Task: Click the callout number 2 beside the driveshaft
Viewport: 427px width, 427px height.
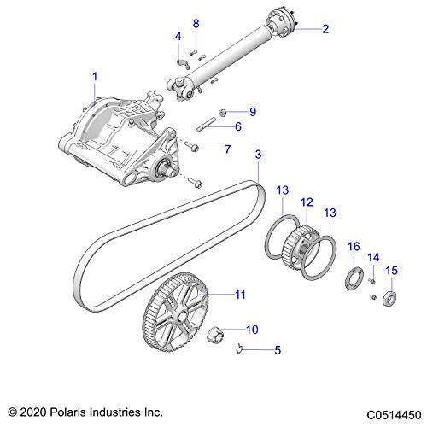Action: [325, 29]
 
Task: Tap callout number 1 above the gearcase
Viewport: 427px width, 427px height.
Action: [95, 76]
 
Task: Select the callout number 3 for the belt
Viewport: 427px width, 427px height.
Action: [258, 155]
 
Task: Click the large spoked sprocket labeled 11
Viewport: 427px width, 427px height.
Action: [175, 313]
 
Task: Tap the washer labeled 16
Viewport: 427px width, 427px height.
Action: [354, 278]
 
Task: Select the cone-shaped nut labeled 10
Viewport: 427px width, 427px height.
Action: [215, 335]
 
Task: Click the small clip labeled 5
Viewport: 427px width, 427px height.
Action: [239, 348]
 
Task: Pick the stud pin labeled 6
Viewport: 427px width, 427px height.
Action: [206, 125]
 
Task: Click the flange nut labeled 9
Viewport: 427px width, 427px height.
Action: [222, 113]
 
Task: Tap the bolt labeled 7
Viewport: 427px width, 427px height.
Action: [191, 146]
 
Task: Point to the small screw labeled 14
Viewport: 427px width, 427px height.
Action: [371, 281]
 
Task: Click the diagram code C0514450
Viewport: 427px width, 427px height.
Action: [394, 415]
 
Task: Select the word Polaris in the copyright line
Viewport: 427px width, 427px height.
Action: [67, 412]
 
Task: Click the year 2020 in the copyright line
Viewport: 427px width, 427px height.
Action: [33, 412]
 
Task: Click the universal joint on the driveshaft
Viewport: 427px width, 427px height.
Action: [180, 89]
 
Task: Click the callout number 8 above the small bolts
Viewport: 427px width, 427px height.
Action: [196, 24]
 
